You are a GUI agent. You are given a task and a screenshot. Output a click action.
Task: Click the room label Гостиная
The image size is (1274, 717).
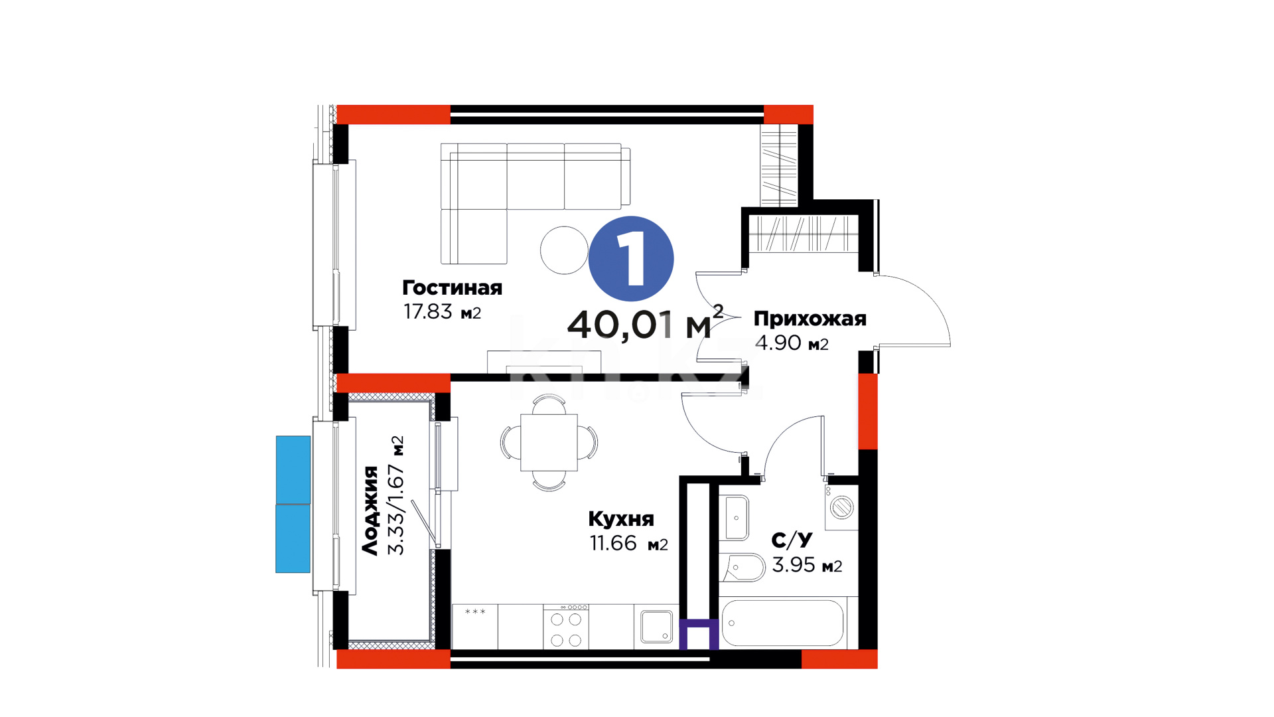point(452,287)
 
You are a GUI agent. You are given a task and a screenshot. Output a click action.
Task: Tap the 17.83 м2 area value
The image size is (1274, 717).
point(442,311)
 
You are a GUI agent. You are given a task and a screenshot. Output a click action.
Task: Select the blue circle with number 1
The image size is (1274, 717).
point(631,258)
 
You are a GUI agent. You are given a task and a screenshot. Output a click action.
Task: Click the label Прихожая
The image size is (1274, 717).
point(810,319)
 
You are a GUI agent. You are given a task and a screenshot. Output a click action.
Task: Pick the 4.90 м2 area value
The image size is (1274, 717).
point(792,343)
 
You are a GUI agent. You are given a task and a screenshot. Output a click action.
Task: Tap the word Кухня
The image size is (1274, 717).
point(621,518)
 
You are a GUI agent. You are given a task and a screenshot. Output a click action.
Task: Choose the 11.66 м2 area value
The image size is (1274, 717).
point(628,543)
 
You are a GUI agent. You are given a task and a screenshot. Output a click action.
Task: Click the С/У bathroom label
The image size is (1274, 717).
point(792,540)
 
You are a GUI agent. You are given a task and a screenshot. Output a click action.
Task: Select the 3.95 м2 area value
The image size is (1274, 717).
point(807,565)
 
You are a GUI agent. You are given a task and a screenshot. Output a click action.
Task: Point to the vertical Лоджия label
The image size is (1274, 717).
point(370,510)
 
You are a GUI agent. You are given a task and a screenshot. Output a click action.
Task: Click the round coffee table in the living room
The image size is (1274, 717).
point(565,250)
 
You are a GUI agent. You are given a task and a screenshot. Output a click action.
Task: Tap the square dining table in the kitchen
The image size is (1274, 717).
point(549,442)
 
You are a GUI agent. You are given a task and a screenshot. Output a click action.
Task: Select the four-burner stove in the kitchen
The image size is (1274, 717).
point(565,627)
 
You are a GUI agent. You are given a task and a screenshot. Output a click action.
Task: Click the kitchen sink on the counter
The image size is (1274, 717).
point(657,627)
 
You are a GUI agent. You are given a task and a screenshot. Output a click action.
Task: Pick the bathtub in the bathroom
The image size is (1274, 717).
point(782,623)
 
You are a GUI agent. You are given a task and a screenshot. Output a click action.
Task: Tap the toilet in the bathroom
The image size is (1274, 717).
point(743,568)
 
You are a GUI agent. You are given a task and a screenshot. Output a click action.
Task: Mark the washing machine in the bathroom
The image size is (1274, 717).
point(841,507)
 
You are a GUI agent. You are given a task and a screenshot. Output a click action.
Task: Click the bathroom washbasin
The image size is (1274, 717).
point(735,518)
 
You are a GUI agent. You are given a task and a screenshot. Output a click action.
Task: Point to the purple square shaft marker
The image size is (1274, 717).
point(699,635)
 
